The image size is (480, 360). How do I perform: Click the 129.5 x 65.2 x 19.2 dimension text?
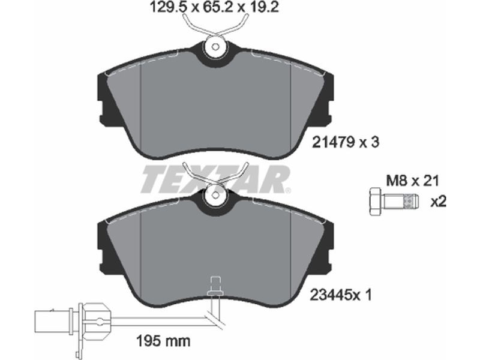pos(215,7)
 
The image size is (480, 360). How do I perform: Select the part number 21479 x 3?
pos(346,142)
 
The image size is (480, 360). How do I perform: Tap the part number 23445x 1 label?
pos(341,295)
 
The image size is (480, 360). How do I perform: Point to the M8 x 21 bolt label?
pos(412,181)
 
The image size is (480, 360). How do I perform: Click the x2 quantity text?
pos(439,202)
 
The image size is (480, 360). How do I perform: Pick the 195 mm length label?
pos(163,340)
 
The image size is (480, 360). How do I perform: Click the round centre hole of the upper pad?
pos(216,47)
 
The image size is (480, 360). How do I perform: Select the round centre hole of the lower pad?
pos(216,194)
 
